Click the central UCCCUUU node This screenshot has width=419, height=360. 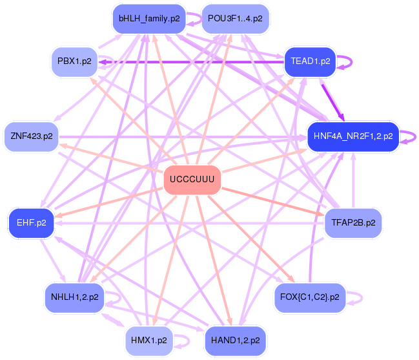click(192, 180)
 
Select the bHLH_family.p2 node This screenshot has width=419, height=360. click(149, 19)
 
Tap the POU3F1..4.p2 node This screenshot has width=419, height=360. click(235, 19)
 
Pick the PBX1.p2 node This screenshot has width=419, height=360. click(74, 62)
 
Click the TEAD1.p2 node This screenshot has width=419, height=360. click(310, 62)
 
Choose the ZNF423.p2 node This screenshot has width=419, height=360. click(32, 136)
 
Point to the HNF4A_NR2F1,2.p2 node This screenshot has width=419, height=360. click(353, 136)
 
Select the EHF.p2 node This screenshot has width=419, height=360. click(32, 223)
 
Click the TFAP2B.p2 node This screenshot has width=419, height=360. click(353, 223)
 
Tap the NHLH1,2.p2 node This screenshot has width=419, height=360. click(74, 297)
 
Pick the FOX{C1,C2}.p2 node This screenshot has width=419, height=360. click(310, 297)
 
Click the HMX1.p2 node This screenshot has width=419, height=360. click(149, 341)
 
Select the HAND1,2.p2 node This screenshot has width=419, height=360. click(235, 341)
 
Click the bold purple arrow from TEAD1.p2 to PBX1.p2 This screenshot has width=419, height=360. click(191, 62)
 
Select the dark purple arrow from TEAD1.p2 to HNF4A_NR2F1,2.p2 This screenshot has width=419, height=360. click(332, 103)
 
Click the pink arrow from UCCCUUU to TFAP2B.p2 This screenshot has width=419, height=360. click(273, 202)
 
